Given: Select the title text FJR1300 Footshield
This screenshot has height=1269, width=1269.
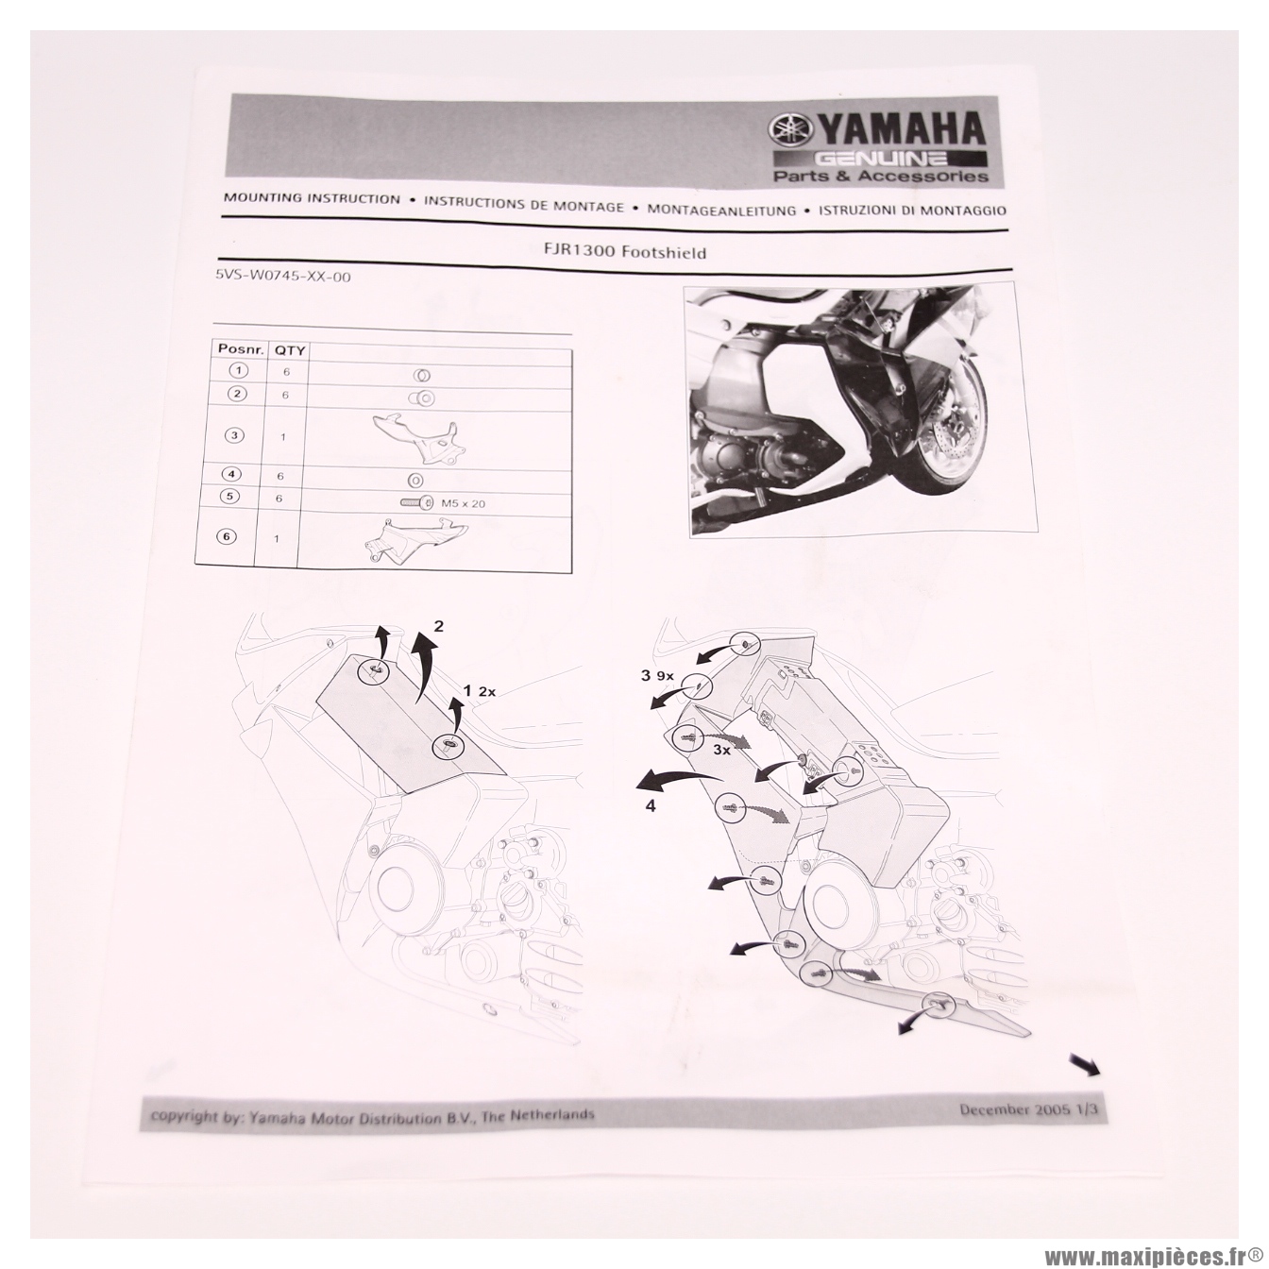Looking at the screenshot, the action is pyautogui.click(x=623, y=251).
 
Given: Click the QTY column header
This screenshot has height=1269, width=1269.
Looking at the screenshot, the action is pyautogui.click(x=290, y=350).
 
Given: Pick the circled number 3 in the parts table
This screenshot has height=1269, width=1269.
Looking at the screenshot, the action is pyautogui.click(x=234, y=435).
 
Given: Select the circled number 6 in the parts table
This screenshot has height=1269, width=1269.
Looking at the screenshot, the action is pyautogui.click(x=226, y=536).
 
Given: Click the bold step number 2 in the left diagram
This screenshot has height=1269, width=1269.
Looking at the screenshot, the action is pyautogui.click(x=439, y=625).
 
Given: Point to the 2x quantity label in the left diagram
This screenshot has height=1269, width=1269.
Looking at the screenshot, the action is pyautogui.click(x=487, y=691).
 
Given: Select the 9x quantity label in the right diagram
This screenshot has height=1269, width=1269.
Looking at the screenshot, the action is pyautogui.click(x=665, y=676).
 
